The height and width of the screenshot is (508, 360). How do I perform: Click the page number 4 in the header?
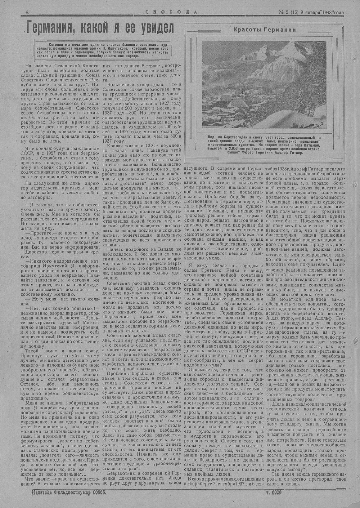click(x=27, y=12)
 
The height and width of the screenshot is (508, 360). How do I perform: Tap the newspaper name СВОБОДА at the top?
click(x=171, y=12)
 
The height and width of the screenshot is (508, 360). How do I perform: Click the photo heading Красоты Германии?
click(x=262, y=30)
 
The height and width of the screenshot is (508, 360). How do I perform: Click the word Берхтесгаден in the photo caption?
click(x=238, y=138)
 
